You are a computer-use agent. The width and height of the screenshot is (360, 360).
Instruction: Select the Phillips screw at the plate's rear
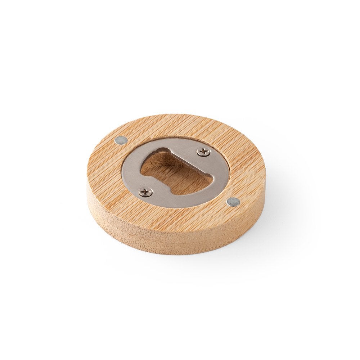(203, 152)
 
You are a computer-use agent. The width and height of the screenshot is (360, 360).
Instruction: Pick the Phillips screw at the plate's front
(145, 193)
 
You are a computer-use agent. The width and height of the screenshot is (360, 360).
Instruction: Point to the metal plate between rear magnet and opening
(135, 158)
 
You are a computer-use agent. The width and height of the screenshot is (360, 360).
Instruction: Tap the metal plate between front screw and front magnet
(187, 202)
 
